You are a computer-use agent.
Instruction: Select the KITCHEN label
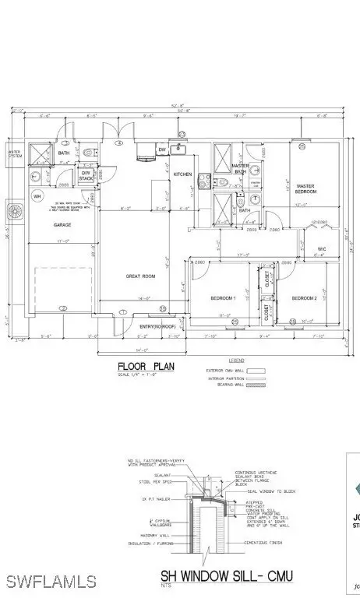click(182, 174)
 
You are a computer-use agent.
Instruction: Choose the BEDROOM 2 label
click(304, 298)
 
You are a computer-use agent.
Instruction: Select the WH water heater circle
click(36, 195)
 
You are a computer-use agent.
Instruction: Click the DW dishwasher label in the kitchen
click(162, 150)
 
